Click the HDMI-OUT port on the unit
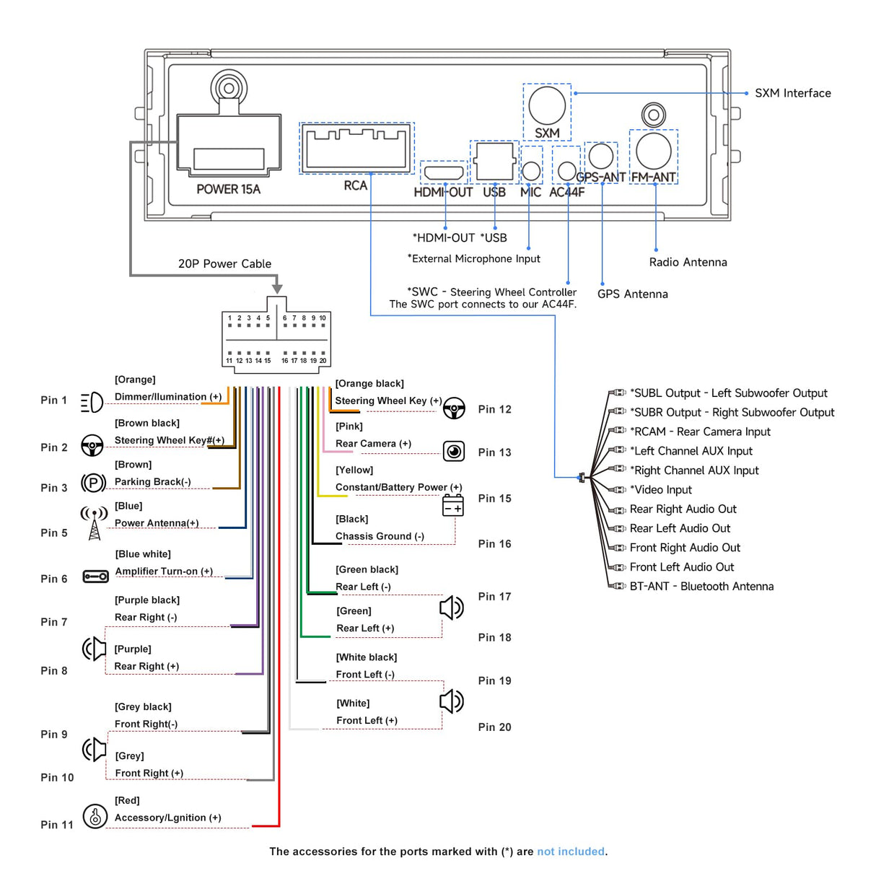coord(443,172)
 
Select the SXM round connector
coord(546,105)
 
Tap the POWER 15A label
coord(228,189)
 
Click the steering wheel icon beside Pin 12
coord(454,408)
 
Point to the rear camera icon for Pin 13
coord(454,452)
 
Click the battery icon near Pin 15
coord(453,506)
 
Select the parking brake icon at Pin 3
coord(93,483)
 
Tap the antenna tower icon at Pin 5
coord(94,523)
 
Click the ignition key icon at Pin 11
coord(95,816)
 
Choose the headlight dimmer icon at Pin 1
coord(92,402)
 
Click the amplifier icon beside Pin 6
coord(95,577)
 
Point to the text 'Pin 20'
coord(494,727)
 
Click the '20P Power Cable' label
coord(224,264)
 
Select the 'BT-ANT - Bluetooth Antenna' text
coord(701,587)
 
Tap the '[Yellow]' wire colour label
coord(354,470)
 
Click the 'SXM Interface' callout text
coord(792,93)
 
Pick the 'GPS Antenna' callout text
coord(632,294)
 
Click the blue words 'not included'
coord(570,851)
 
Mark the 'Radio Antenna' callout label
coord(688,263)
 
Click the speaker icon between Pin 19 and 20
coord(452,701)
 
